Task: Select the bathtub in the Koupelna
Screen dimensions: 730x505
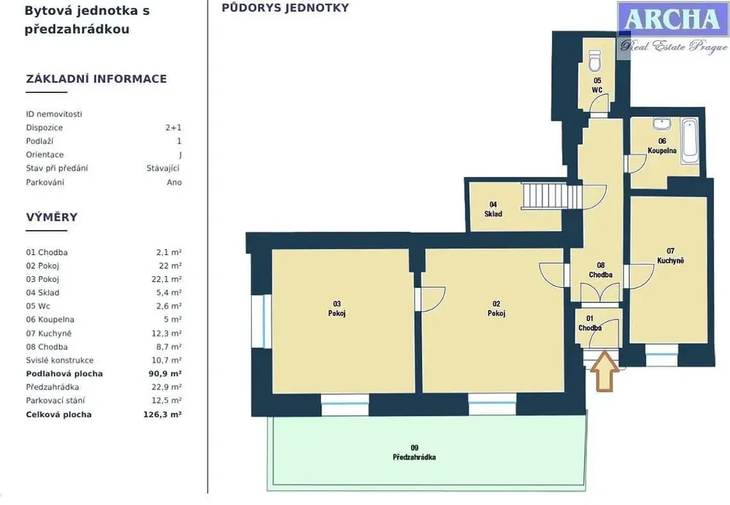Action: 690,141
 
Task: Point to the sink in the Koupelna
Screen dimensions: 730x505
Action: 661,124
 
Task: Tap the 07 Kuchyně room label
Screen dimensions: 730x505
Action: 670,256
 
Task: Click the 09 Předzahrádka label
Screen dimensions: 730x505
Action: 415,453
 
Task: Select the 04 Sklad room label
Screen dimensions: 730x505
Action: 493,209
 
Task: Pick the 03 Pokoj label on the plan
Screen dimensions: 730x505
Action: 337,308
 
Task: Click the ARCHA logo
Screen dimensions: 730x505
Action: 673,27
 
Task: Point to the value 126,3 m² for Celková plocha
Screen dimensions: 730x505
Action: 163,414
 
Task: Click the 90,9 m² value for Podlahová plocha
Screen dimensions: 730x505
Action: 165,373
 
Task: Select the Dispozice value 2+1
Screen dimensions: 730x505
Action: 173,127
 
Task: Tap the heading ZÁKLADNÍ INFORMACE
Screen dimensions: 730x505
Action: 96,78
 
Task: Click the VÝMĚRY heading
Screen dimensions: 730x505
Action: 52,217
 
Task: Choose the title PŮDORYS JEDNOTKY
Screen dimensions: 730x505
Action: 285,7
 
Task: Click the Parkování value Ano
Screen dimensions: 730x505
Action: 174,182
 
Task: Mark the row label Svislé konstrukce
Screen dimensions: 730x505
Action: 60,360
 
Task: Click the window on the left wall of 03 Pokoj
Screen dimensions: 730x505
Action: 261,321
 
